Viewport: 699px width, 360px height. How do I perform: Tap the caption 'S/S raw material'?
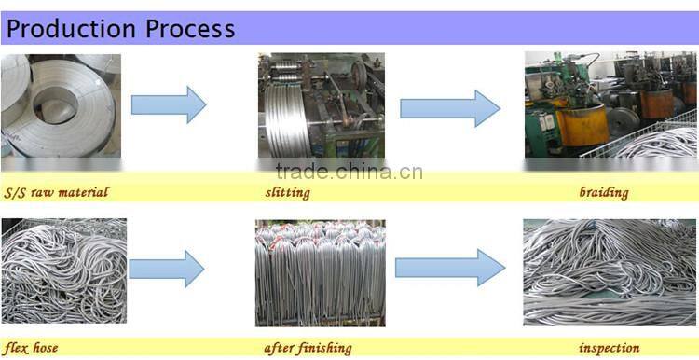click(x=57, y=193)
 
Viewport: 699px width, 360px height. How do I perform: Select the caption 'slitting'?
click(x=287, y=193)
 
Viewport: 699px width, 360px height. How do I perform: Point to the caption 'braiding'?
click(x=603, y=193)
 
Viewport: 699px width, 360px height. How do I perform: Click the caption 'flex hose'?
click(x=31, y=348)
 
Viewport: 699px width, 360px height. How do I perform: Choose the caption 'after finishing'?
click(x=308, y=348)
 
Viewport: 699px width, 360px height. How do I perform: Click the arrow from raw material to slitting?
click(x=169, y=104)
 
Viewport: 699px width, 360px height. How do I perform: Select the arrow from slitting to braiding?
click(x=450, y=108)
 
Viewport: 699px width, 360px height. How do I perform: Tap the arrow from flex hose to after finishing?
click(x=167, y=269)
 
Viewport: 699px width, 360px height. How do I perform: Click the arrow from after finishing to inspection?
click(x=450, y=268)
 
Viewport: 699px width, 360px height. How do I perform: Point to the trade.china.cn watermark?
click(x=349, y=172)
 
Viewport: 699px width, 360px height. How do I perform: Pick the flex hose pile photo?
click(x=62, y=270)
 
